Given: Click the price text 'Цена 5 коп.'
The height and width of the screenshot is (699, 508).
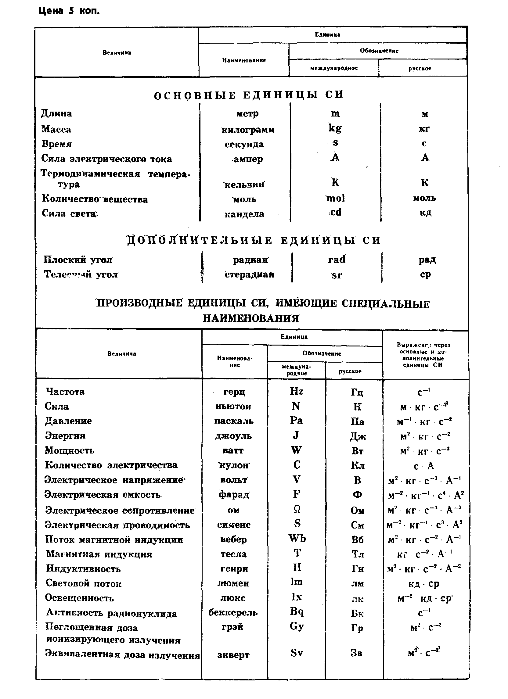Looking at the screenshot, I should click(69, 11).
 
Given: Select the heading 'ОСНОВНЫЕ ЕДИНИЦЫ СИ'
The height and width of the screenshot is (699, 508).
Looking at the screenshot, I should click(248, 95).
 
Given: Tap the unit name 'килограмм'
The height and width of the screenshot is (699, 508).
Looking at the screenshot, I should click(248, 129).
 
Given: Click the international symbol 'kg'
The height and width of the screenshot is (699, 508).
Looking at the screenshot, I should click(335, 128).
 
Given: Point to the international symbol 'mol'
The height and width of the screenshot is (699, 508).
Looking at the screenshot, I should click(335, 198).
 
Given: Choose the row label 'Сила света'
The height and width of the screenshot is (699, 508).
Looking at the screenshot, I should click(69, 213).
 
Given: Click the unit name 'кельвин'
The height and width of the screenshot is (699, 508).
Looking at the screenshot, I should click(244, 184).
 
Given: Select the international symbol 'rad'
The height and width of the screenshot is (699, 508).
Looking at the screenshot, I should click(337, 260).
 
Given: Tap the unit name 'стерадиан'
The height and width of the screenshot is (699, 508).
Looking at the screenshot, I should click(249, 274).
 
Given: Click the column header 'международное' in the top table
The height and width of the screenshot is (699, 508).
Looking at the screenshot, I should click(334, 68).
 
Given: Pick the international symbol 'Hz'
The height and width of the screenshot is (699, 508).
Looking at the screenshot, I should click(296, 391).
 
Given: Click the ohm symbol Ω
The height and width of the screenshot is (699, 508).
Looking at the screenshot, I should click(297, 509).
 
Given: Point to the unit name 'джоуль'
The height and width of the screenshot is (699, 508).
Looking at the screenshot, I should click(233, 436).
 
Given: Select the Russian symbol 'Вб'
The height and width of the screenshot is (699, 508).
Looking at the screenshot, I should click(357, 539).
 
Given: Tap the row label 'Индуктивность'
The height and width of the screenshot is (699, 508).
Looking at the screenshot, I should click(83, 569).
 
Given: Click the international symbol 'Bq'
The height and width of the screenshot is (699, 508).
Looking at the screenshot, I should click(297, 611).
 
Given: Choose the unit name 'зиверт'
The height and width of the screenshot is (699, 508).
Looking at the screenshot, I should click(233, 654).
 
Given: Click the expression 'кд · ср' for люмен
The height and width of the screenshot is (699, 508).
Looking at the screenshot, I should click(423, 584).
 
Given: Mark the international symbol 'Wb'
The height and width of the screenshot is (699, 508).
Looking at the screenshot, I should click(297, 538).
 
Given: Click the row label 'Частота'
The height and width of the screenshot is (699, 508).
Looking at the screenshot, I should click(65, 391).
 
